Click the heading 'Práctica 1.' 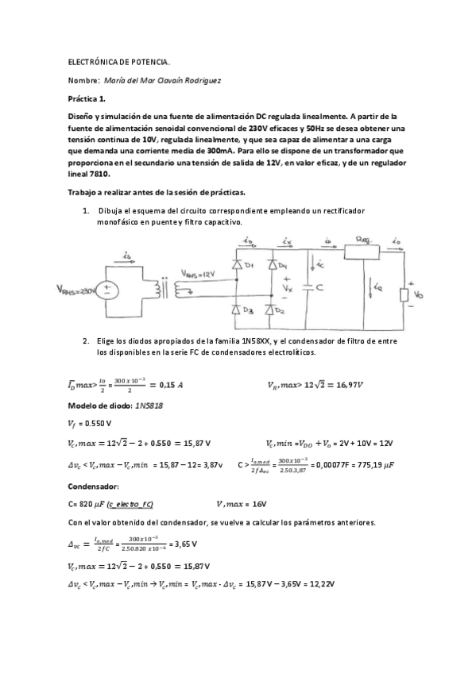point(87,99)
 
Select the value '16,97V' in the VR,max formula point(343,385)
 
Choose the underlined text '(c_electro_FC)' point(130,505)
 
